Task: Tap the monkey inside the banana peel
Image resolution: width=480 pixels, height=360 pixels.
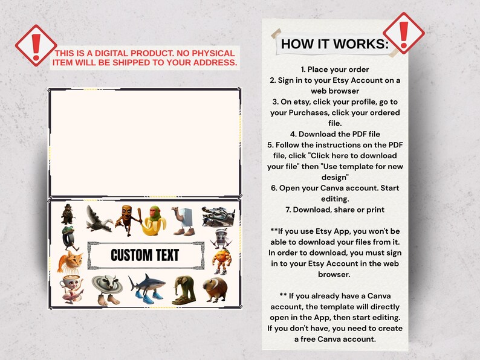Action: coord(155,220)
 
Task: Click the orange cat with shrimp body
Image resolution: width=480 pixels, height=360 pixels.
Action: coord(70,262)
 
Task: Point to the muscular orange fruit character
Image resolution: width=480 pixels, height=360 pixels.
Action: coord(222,262)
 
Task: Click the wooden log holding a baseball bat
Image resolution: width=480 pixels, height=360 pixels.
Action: coord(129,220)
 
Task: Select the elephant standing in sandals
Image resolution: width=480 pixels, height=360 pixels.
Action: coord(184,290)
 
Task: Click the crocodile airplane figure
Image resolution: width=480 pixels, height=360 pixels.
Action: coord(218,217)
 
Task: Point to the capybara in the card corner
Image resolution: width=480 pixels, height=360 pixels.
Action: coord(215,289)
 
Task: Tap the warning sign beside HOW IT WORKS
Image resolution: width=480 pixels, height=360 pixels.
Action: coord(404,33)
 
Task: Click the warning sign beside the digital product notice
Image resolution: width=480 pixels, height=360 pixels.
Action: coord(36,45)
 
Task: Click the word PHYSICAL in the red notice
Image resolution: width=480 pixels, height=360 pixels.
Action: coord(213,53)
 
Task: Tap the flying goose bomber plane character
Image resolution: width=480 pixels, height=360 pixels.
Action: coord(99,219)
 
